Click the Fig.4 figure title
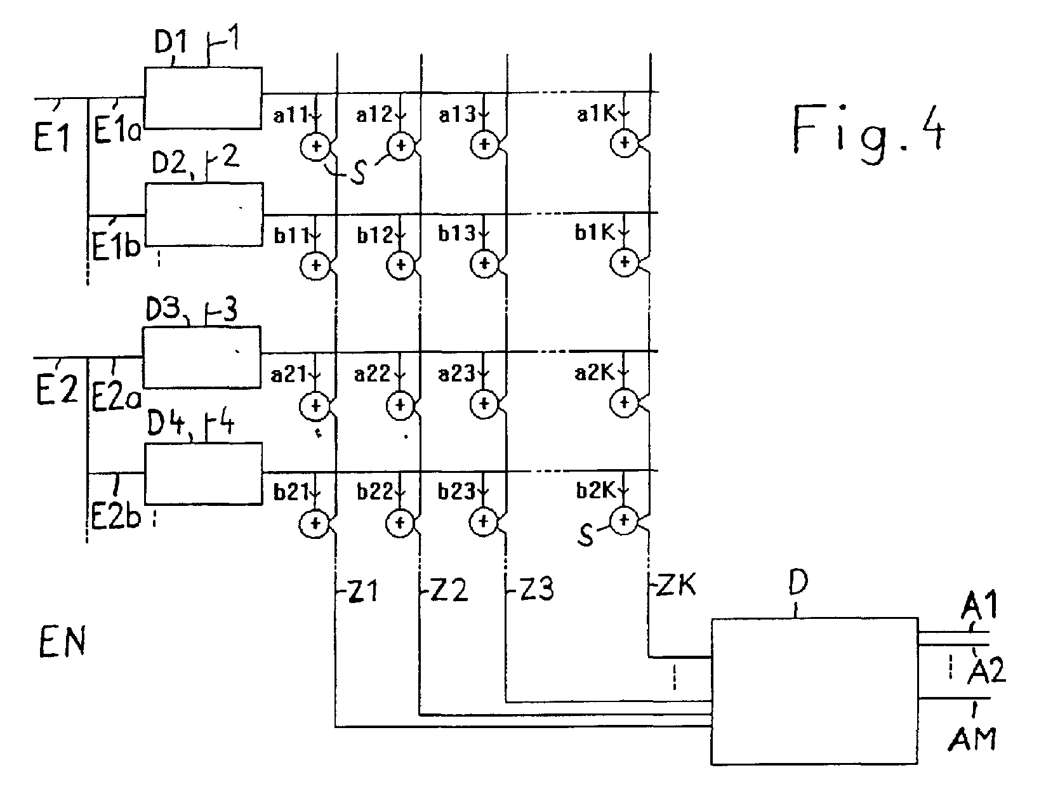click(868, 134)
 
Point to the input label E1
click(52, 136)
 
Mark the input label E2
click(56, 389)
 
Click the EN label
click(62, 642)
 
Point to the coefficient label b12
click(375, 235)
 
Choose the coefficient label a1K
click(596, 114)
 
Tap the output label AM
click(972, 740)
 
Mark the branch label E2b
click(116, 517)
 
